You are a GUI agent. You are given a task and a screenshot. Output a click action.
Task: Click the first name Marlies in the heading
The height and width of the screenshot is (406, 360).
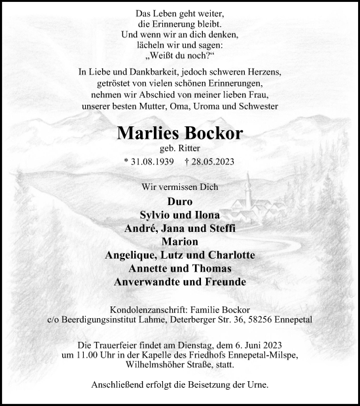(147, 133)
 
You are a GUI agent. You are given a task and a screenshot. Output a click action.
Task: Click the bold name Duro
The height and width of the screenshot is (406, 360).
(180, 202)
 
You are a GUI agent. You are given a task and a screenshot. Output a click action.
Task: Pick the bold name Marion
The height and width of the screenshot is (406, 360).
(180, 242)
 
